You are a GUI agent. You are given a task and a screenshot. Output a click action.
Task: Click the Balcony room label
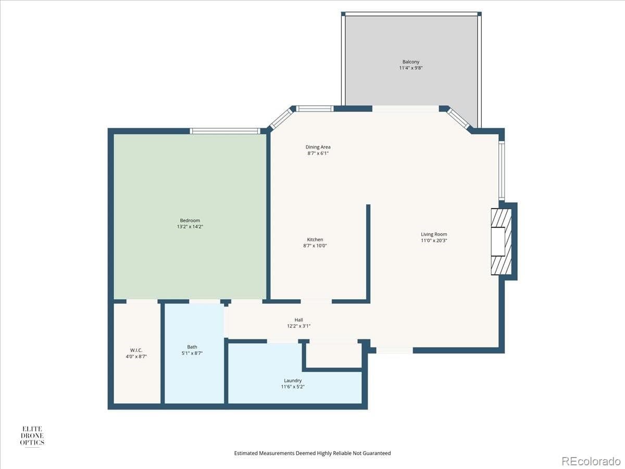pos(410,61)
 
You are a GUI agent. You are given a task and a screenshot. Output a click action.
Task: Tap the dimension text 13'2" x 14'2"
pos(190,227)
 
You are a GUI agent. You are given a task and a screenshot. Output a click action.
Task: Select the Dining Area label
pos(318,147)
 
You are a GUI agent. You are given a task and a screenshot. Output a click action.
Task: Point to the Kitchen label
pos(315,240)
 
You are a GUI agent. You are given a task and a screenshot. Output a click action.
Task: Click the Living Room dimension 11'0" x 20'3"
pos(434,241)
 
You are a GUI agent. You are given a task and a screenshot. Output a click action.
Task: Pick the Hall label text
pos(299,320)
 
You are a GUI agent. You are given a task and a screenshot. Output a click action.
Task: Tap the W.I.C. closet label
pos(136,350)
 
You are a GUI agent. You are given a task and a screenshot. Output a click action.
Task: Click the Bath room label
pos(192,347)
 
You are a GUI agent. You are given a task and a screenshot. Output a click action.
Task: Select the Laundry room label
pos(293,380)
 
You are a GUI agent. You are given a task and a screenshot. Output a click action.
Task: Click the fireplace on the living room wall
pos(501,241)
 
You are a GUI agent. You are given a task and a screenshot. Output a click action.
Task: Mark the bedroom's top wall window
pos(224,131)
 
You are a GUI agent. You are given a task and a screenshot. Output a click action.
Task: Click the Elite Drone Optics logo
pos(32,436)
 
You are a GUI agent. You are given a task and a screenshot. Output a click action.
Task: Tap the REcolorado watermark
pos(591,461)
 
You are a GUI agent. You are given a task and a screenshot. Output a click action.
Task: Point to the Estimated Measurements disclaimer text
pos(312,453)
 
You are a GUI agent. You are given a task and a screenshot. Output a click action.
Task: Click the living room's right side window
pos(501,171)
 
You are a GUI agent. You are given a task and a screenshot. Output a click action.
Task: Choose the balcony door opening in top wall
pos(405,109)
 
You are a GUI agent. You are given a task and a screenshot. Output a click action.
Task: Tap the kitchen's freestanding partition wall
pos(368,253)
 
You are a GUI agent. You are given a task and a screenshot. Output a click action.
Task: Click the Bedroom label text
pos(190,220)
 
